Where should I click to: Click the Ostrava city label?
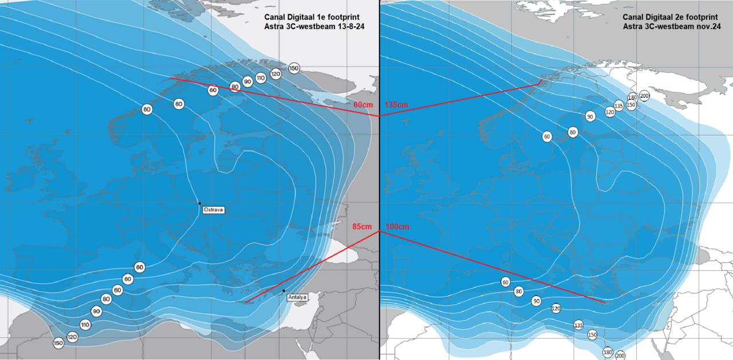coord(214,210)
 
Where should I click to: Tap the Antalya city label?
coord(298,297)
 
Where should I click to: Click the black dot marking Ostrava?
coord(199,203)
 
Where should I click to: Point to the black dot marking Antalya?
coord(283,291)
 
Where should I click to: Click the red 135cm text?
coord(397,105)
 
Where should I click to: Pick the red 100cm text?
coord(397,227)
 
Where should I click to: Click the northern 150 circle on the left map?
coord(294,69)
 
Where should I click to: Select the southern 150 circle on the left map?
coord(58,343)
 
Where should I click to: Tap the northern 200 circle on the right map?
coord(644,96)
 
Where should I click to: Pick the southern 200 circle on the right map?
coord(620,355)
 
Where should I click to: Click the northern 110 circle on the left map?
coord(261,77)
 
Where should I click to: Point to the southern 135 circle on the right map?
coord(578,325)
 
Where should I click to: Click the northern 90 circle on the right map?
coord(590,117)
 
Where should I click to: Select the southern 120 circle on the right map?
coord(555,308)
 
